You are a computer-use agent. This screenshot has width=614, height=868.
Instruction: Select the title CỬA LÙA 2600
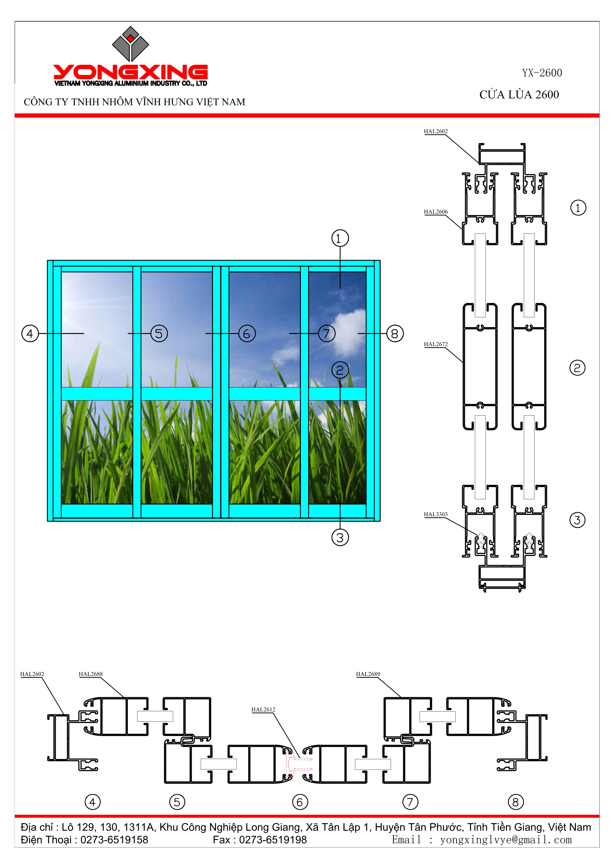click(x=519, y=95)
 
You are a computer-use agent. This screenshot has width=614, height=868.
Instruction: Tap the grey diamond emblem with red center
click(x=131, y=44)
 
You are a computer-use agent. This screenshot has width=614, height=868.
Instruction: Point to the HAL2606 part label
click(x=435, y=212)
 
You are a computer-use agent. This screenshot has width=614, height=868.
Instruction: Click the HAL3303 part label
click(x=435, y=514)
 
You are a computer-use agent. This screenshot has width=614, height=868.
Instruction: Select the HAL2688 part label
click(x=90, y=674)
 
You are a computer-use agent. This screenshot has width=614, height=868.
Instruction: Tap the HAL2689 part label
click(x=368, y=674)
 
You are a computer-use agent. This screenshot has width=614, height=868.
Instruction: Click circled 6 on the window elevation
click(x=247, y=334)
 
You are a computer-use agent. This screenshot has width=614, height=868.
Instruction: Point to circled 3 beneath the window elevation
click(x=340, y=537)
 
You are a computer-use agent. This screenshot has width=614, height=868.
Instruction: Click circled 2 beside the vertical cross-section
click(x=577, y=367)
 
